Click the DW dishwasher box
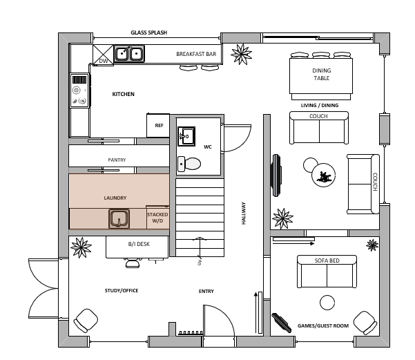click(x=103, y=55)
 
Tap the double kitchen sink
click(x=129, y=54)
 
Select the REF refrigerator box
click(x=158, y=125)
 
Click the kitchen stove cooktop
click(x=79, y=91)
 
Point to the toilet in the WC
click(x=189, y=164)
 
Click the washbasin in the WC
click(x=186, y=136)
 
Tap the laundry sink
click(x=119, y=218)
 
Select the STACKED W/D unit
click(x=157, y=217)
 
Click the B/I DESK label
click(x=139, y=244)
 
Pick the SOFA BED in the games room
click(x=327, y=272)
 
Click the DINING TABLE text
click(x=322, y=74)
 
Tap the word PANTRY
click(x=117, y=160)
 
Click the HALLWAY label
click(x=244, y=214)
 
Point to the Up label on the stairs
click(x=200, y=262)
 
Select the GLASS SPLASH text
click(x=149, y=32)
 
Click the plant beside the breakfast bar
click(x=241, y=54)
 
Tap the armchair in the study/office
click(x=86, y=320)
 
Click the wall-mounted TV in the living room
click(x=277, y=176)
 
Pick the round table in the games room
click(x=327, y=303)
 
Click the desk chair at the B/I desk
click(x=133, y=263)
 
